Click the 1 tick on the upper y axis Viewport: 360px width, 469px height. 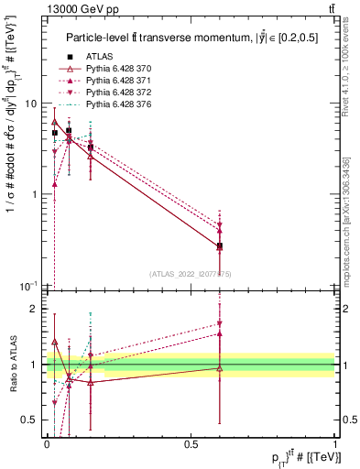click(x=38, y=194)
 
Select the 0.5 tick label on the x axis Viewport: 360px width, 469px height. click(x=191, y=443)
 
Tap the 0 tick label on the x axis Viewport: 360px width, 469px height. click(x=47, y=443)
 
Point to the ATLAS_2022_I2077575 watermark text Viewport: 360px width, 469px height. click(x=191, y=273)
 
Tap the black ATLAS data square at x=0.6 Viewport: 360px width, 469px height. click(x=220, y=246)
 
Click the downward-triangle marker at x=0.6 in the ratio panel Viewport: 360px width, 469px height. click(x=220, y=323)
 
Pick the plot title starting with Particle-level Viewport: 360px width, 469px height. click(x=191, y=38)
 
